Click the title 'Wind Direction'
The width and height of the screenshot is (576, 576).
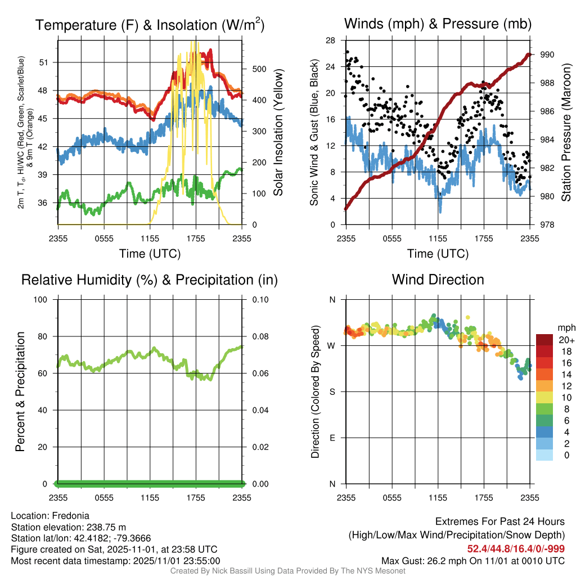pyautogui.click(x=438, y=280)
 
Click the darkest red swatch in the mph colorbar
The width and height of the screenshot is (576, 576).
pyautogui.click(x=544, y=340)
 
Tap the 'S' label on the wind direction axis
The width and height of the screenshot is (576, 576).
pyautogui.click(x=332, y=391)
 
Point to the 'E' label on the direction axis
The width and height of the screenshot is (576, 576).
pyautogui.click(x=332, y=438)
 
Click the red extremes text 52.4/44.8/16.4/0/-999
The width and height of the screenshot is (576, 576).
pyautogui.click(x=516, y=549)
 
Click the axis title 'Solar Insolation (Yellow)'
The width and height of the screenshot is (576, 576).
pyautogui.click(x=278, y=132)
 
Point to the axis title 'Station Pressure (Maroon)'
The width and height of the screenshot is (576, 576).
pyautogui.click(x=566, y=132)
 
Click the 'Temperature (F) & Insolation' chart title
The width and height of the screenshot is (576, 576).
pyautogui.click(x=150, y=25)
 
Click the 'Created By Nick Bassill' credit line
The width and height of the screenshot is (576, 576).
pyautogui.click(x=288, y=571)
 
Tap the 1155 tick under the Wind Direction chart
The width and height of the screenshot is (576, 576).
pyautogui.click(x=438, y=497)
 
